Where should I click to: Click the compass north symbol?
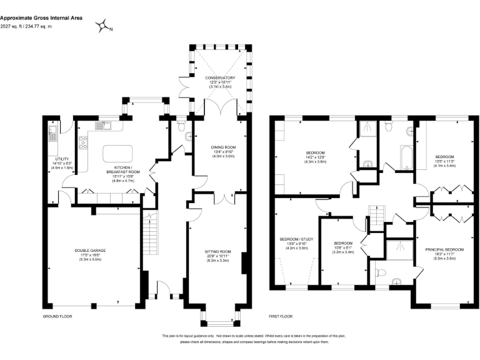pos(102,26)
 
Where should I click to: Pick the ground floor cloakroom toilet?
pos(181,129)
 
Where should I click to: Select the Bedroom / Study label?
pos(297,244)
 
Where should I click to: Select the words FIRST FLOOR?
pos(280,316)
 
